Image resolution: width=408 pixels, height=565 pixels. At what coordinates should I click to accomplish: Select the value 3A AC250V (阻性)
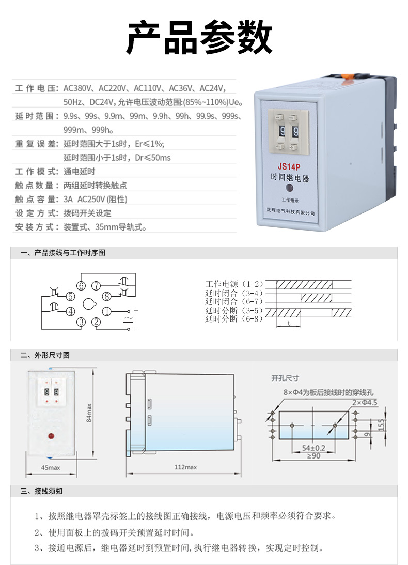[x=95, y=199]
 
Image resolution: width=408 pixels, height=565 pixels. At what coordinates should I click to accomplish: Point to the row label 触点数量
[x=36, y=185]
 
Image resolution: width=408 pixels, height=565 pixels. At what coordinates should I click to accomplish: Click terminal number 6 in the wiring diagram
[x=81, y=285]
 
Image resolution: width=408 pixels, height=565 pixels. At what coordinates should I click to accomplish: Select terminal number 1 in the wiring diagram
[x=106, y=311]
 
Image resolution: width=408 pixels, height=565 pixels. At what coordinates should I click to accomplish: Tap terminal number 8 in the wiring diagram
[x=106, y=297]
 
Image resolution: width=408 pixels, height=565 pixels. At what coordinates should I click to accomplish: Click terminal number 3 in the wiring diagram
[x=81, y=322]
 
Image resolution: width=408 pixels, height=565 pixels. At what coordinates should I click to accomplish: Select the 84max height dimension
[x=89, y=412]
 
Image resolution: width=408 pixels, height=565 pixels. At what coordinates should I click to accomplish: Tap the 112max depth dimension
[x=185, y=468]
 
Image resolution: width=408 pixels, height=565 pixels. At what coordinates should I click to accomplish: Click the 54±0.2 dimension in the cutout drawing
[x=313, y=448]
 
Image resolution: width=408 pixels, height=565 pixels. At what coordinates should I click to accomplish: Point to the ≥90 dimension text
[x=313, y=455]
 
